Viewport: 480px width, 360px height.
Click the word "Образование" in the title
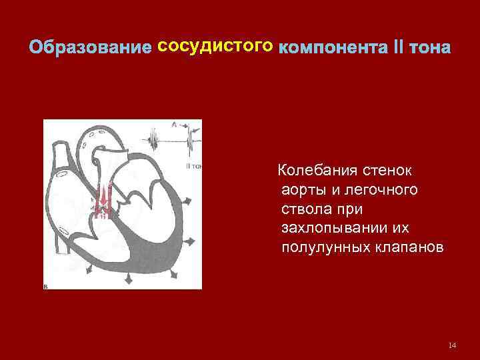coord(90,49)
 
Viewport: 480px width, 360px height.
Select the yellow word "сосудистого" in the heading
coord(215,47)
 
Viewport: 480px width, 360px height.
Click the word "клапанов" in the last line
coord(408,248)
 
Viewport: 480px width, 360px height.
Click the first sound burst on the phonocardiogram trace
coord(154,143)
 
